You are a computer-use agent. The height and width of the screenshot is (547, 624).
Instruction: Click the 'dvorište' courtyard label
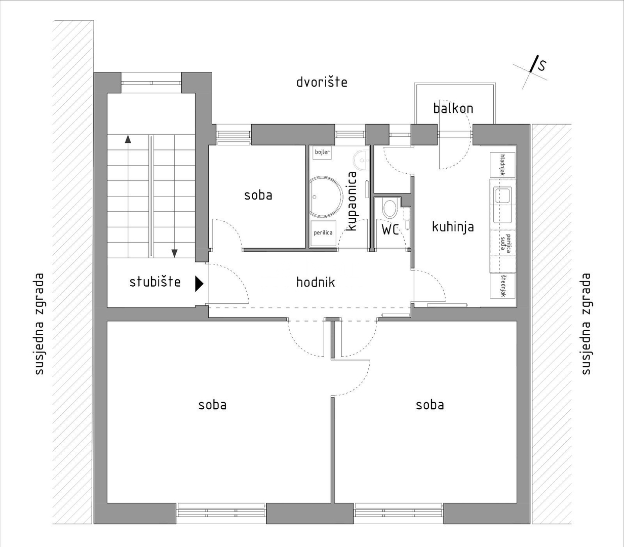pyautogui.click(x=322, y=82)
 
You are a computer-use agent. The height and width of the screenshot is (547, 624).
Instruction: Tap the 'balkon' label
pyautogui.click(x=453, y=108)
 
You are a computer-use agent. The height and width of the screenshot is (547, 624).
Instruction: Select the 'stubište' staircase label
pyautogui.click(x=155, y=282)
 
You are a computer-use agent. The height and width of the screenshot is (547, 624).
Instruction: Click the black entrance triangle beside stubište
pyautogui.click(x=199, y=284)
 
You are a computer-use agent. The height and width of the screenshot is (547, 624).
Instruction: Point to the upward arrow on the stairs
pyautogui.click(x=128, y=139)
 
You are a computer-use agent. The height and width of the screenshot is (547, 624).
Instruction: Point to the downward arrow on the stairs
pyautogui.click(x=174, y=253)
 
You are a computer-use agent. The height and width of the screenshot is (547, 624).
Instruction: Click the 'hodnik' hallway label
pyautogui.click(x=316, y=282)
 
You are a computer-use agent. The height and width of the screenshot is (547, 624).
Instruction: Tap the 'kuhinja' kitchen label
pyautogui.click(x=453, y=227)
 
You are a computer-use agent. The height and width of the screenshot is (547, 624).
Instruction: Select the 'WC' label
pyautogui.click(x=390, y=229)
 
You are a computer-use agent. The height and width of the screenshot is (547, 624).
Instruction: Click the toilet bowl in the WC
pyautogui.click(x=390, y=209)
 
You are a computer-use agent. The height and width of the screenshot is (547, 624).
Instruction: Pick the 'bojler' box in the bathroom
pyautogui.click(x=322, y=152)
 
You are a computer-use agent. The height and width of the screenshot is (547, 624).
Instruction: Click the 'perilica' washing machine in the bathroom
pyautogui.click(x=323, y=233)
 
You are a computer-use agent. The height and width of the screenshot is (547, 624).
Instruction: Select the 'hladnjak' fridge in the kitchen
pyautogui.click(x=502, y=165)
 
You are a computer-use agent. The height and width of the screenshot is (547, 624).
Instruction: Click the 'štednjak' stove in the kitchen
pyautogui.click(x=502, y=286)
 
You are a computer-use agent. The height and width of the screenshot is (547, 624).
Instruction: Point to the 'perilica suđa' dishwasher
pyautogui.click(x=502, y=243)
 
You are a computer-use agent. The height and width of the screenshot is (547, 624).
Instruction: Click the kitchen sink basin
pyautogui.click(x=502, y=195)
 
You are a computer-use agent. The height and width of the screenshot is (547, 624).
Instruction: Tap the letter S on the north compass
pyautogui.click(x=542, y=66)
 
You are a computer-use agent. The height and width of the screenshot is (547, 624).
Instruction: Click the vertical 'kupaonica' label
pyautogui.click(x=352, y=201)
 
